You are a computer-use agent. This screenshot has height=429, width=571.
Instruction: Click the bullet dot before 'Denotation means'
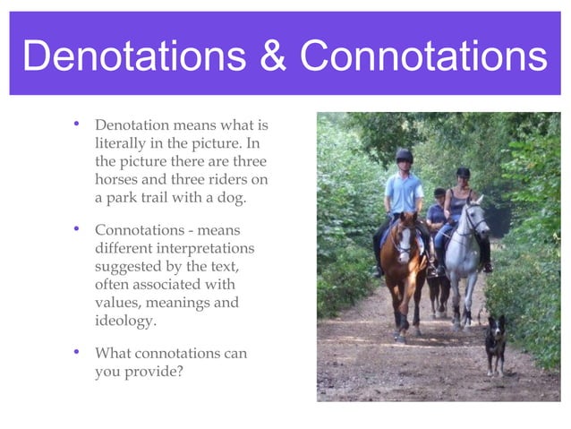click(x=77, y=124)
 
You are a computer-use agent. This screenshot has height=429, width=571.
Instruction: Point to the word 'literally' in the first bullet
click(x=121, y=143)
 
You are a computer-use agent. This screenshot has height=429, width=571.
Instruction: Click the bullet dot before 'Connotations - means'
click(x=77, y=228)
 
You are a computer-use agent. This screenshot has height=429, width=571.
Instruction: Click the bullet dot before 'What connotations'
click(x=77, y=352)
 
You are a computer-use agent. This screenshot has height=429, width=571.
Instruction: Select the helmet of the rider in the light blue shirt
click(x=405, y=155)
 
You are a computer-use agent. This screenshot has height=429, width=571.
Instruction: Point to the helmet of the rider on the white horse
click(x=463, y=173)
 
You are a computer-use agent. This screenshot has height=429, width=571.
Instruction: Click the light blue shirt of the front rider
click(x=405, y=193)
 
